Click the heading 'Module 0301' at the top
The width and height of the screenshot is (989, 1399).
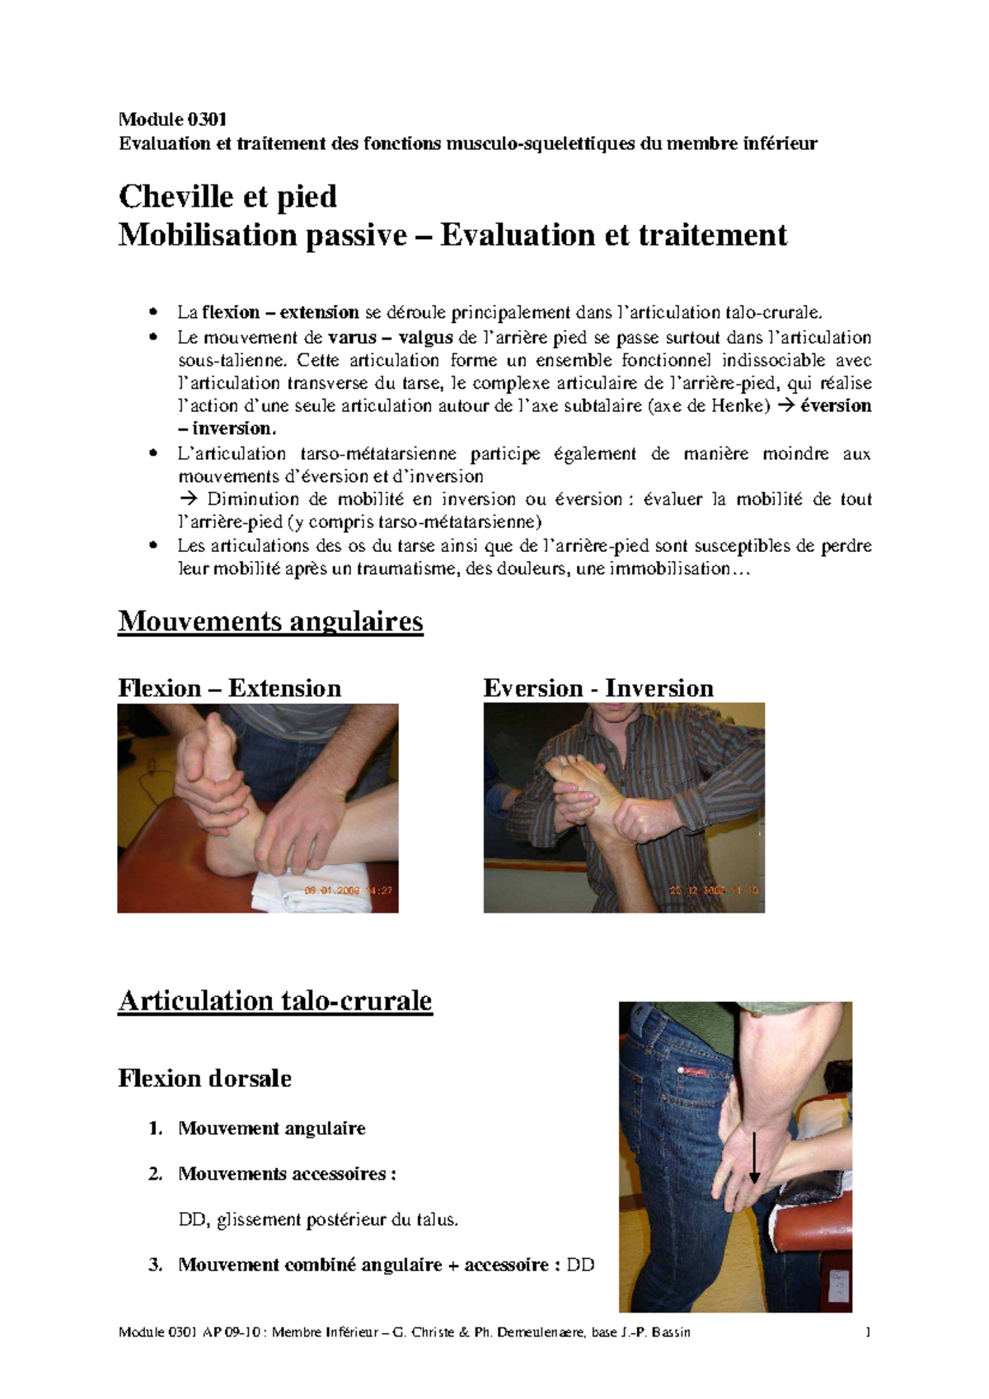[172, 119]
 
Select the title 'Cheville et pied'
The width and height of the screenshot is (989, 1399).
[227, 197]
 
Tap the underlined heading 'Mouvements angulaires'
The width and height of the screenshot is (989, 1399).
[270, 621]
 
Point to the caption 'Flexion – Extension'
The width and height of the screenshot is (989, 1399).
[229, 688]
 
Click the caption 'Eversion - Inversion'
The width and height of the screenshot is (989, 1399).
[598, 688]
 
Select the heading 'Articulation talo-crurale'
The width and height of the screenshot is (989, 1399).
[275, 1001]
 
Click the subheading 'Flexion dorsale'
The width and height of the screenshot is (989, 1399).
[204, 1078]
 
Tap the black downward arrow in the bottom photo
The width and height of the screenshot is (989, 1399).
[754, 1158]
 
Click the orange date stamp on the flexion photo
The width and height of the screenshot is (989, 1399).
[348, 891]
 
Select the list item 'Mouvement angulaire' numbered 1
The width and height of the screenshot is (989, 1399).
[271, 1129]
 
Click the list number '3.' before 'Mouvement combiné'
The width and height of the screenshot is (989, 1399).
[156, 1265]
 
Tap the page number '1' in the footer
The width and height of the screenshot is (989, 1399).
[868, 1332]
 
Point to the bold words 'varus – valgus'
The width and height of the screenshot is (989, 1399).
[390, 337]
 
